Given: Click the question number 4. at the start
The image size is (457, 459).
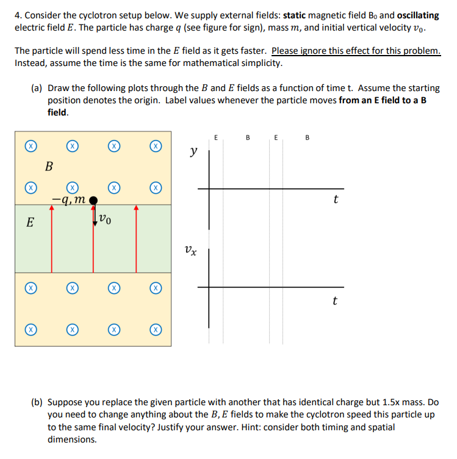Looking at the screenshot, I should (18, 15).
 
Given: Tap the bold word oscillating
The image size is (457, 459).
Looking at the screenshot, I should (418, 15).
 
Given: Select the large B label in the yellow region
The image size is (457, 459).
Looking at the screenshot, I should (49, 166).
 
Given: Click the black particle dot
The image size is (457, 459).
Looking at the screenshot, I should (93, 199).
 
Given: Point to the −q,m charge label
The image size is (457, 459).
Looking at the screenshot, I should (70, 198).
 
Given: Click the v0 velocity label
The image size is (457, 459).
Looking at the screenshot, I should (106, 217).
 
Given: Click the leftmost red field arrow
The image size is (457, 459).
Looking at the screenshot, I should (51, 238).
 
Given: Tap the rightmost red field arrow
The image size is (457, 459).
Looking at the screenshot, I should (136, 238).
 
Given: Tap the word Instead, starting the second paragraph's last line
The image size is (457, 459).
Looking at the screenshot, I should (32, 63).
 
